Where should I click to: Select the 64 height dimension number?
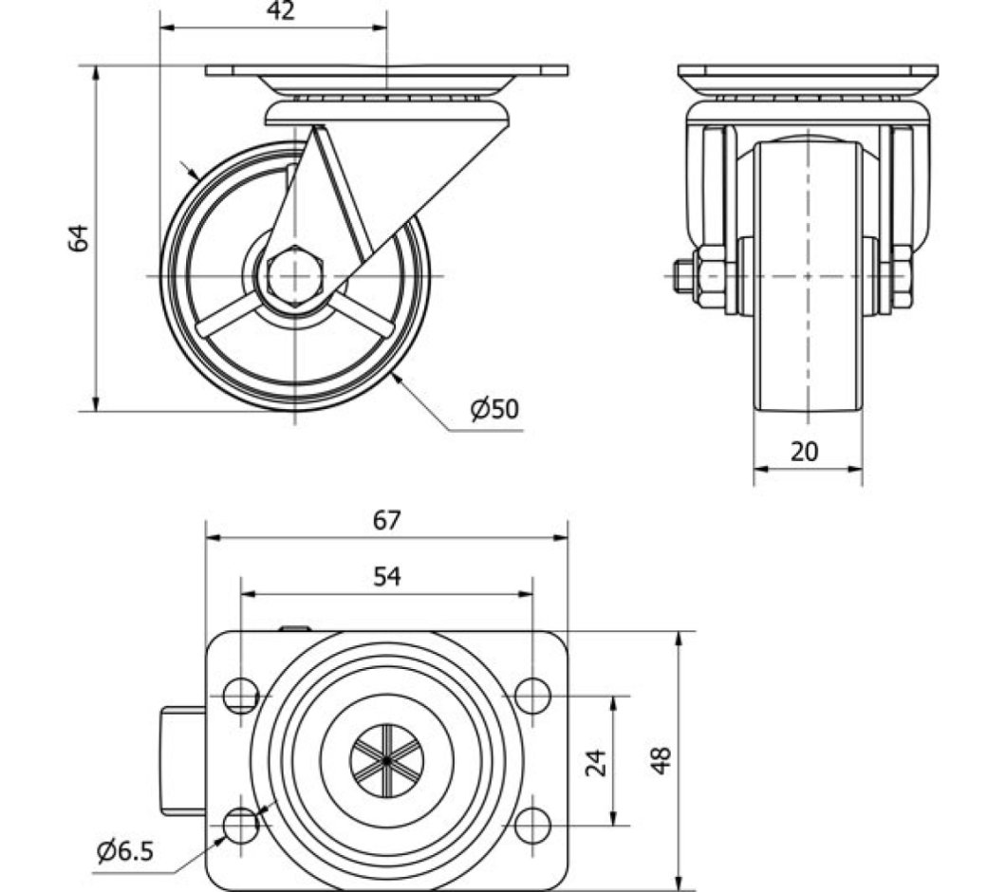coord(81,237)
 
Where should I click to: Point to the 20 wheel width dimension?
coord(805,452)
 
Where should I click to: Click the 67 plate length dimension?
coord(386,520)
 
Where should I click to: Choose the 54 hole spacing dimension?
coord(386,576)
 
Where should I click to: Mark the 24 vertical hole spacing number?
coord(596,761)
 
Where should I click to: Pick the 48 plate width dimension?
coord(661,759)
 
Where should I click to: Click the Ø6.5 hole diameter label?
coord(124,850)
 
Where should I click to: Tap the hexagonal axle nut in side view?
coord(296,276)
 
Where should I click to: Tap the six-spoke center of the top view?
coord(387,760)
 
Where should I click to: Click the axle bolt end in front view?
coord(682,276)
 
